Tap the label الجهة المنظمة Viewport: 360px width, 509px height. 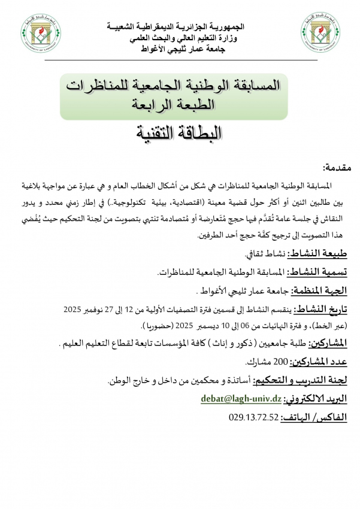[x=321, y=290]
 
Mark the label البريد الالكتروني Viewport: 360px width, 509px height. [x=317, y=399]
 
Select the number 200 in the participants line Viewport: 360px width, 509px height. [x=282, y=363]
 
